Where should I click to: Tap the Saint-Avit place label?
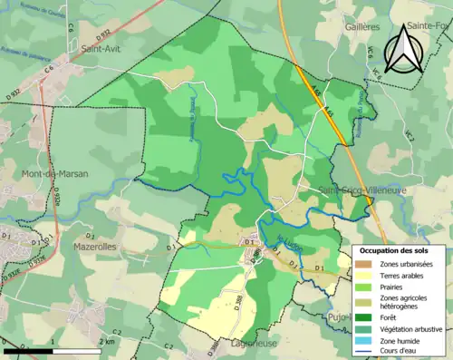coord(102,50)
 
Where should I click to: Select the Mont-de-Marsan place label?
coord(50,174)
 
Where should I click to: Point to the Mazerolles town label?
coord(93,246)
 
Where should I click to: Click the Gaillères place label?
coord(361,27)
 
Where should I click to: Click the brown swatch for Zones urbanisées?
coord(365,263)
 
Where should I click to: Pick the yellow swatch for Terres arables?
coord(365,275)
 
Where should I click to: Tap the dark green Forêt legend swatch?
coord(365,316)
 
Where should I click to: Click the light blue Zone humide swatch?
coord(365,340)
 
